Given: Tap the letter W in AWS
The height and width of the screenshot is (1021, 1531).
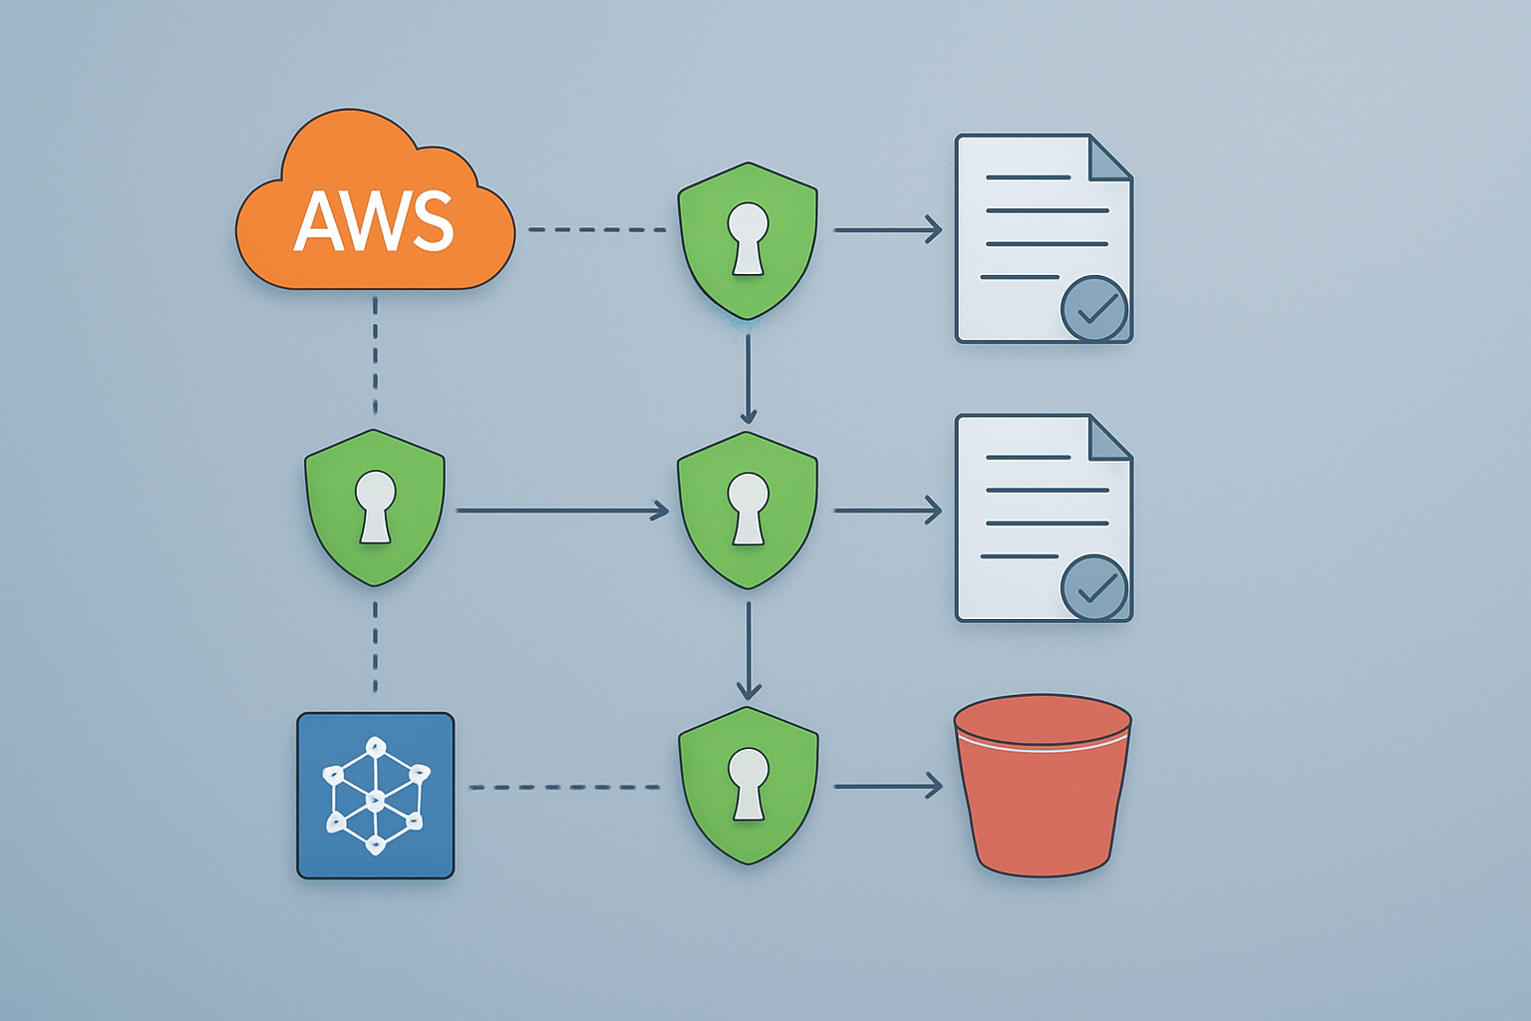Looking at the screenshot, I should (x=375, y=221).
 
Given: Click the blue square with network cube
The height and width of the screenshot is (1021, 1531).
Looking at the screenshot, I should (x=376, y=796).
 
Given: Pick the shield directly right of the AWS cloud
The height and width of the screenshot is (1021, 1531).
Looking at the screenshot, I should (x=748, y=239).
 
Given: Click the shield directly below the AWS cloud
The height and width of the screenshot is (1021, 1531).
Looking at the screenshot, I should (x=375, y=507).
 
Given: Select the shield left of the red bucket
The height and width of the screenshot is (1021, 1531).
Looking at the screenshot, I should (x=748, y=785).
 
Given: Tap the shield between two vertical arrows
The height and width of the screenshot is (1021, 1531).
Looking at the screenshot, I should (x=748, y=510).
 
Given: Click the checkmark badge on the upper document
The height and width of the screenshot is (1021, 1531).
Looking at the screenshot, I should (x=1094, y=309).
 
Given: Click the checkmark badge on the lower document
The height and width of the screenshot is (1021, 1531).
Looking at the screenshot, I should (x=1094, y=588).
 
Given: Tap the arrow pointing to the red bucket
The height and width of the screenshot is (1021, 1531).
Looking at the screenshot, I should (x=887, y=787).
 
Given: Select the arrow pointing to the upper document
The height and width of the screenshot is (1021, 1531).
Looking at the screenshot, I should (x=887, y=229).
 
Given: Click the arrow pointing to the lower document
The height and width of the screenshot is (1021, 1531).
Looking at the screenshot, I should (x=887, y=510).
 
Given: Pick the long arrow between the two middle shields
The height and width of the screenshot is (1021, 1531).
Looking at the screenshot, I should (x=562, y=510).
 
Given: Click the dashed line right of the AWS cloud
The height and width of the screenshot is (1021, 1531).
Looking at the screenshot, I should (x=596, y=229).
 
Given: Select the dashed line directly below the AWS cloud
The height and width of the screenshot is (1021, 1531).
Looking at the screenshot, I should (x=375, y=355).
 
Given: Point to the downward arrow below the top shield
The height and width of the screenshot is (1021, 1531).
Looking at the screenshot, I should (x=748, y=379).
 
